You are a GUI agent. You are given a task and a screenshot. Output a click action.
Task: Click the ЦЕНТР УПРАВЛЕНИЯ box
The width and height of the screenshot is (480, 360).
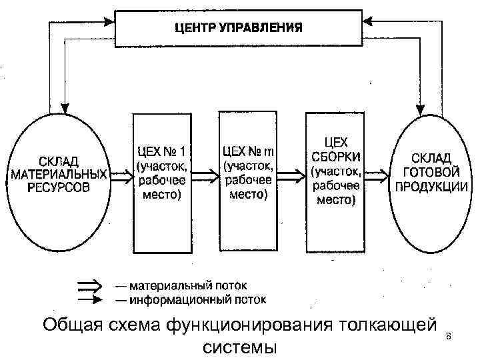point(238,29)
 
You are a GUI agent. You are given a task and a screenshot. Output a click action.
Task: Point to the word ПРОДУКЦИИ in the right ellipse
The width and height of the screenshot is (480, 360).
point(431,187)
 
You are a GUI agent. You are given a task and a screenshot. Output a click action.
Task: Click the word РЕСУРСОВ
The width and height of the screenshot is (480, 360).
point(58,187)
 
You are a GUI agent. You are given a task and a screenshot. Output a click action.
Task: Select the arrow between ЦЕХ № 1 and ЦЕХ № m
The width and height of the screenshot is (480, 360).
point(204,176)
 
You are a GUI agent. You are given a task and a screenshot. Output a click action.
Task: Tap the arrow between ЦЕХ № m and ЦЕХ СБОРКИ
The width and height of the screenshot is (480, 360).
point(291,176)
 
